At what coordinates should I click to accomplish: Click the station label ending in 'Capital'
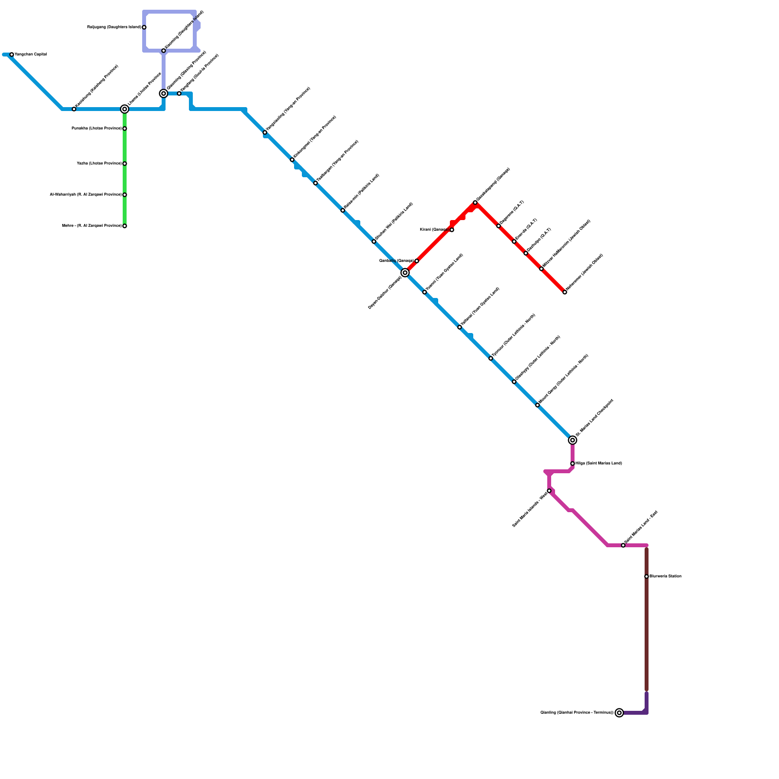coord(31,54)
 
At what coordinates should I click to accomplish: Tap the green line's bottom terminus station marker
coord(125,226)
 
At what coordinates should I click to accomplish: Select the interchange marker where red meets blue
coord(405,273)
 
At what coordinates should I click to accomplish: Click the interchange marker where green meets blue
coord(125,109)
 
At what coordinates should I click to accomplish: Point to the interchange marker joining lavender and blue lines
coord(164,93)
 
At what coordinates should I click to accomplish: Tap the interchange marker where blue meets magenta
coord(573,440)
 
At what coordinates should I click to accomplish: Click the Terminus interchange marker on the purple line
coord(619,713)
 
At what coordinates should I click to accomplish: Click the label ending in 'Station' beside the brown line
coord(666,576)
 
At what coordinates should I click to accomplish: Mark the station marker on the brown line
coord(647,576)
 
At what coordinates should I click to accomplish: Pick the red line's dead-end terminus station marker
coord(565,292)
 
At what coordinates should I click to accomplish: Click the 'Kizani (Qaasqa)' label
coord(434,229)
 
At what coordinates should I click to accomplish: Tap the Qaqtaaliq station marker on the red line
coord(417,261)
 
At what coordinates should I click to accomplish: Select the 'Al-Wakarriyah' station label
coord(86,194)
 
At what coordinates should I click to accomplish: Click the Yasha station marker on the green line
coord(125,164)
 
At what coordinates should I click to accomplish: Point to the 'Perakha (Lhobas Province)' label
coord(96,128)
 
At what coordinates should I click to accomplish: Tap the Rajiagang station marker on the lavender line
coord(144,27)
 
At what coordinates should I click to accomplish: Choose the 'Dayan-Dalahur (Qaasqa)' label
coord(385,292)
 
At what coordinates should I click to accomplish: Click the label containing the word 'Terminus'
coord(577,712)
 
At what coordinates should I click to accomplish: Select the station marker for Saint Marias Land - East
coord(623,545)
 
